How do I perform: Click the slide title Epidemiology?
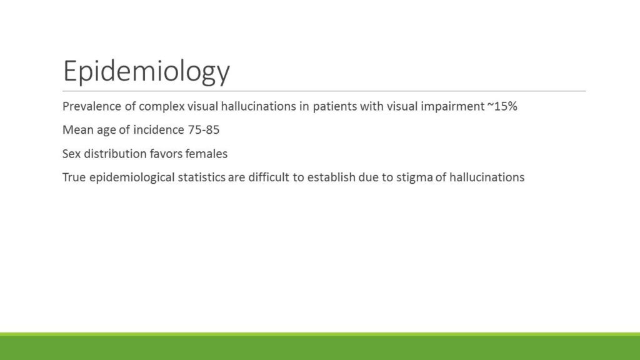(146, 71)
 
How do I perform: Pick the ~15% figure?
(502, 106)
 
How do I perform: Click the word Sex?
(71, 154)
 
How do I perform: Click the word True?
(74, 177)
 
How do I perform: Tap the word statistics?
(201, 177)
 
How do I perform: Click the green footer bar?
(320, 346)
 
